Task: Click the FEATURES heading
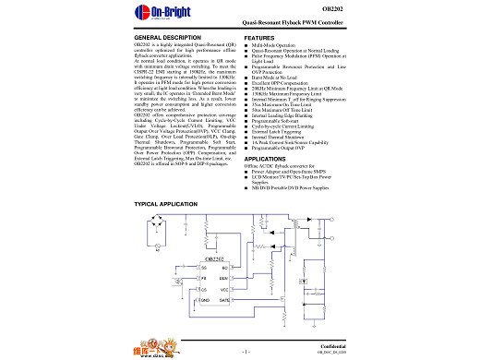[260, 37]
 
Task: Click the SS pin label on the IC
[205, 268]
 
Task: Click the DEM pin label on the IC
[226, 277]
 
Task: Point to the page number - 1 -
[246, 352]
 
